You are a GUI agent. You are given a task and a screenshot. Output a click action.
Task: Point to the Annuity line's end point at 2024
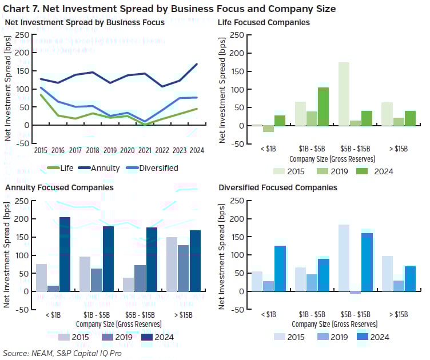pyautogui.click(x=197, y=64)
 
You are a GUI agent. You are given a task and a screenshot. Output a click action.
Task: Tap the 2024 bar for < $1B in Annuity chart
pyautogui.click(x=65, y=254)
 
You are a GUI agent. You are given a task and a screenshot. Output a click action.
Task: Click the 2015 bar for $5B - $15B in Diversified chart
pyautogui.click(x=344, y=258)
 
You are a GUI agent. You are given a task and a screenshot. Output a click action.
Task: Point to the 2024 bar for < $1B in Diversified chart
pyautogui.click(x=280, y=268)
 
